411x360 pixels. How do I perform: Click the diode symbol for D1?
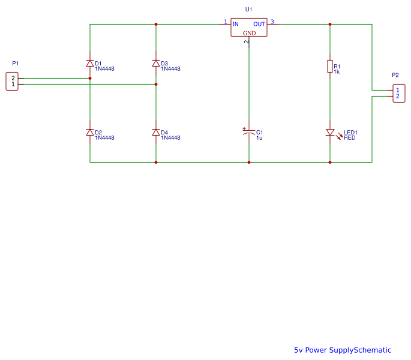(90, 63)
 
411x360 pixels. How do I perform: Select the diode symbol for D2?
(90, 132)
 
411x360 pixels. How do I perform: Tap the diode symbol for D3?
(156, 63)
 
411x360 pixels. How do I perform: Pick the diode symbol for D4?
(156, 132)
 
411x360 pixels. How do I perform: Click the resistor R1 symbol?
(330, 66)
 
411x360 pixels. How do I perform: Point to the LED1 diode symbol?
(330, 132)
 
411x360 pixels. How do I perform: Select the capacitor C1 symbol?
(249, 133)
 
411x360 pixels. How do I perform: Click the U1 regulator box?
(249, 28)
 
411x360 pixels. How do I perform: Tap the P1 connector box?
(12, 81)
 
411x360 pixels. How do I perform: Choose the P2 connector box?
(398, 93)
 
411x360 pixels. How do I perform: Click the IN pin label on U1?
(236, 24)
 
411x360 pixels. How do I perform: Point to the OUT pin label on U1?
(259, 24)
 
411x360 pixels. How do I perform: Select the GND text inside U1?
(249, 33)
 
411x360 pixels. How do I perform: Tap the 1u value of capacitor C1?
(259, 138)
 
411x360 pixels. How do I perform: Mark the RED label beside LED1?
(349, 137)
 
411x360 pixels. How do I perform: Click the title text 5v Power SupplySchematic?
(342, 350)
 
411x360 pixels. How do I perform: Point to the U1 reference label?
(249, 10)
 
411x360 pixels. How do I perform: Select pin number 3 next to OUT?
(272, 22)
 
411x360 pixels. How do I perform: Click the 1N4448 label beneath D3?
(170, 69)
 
